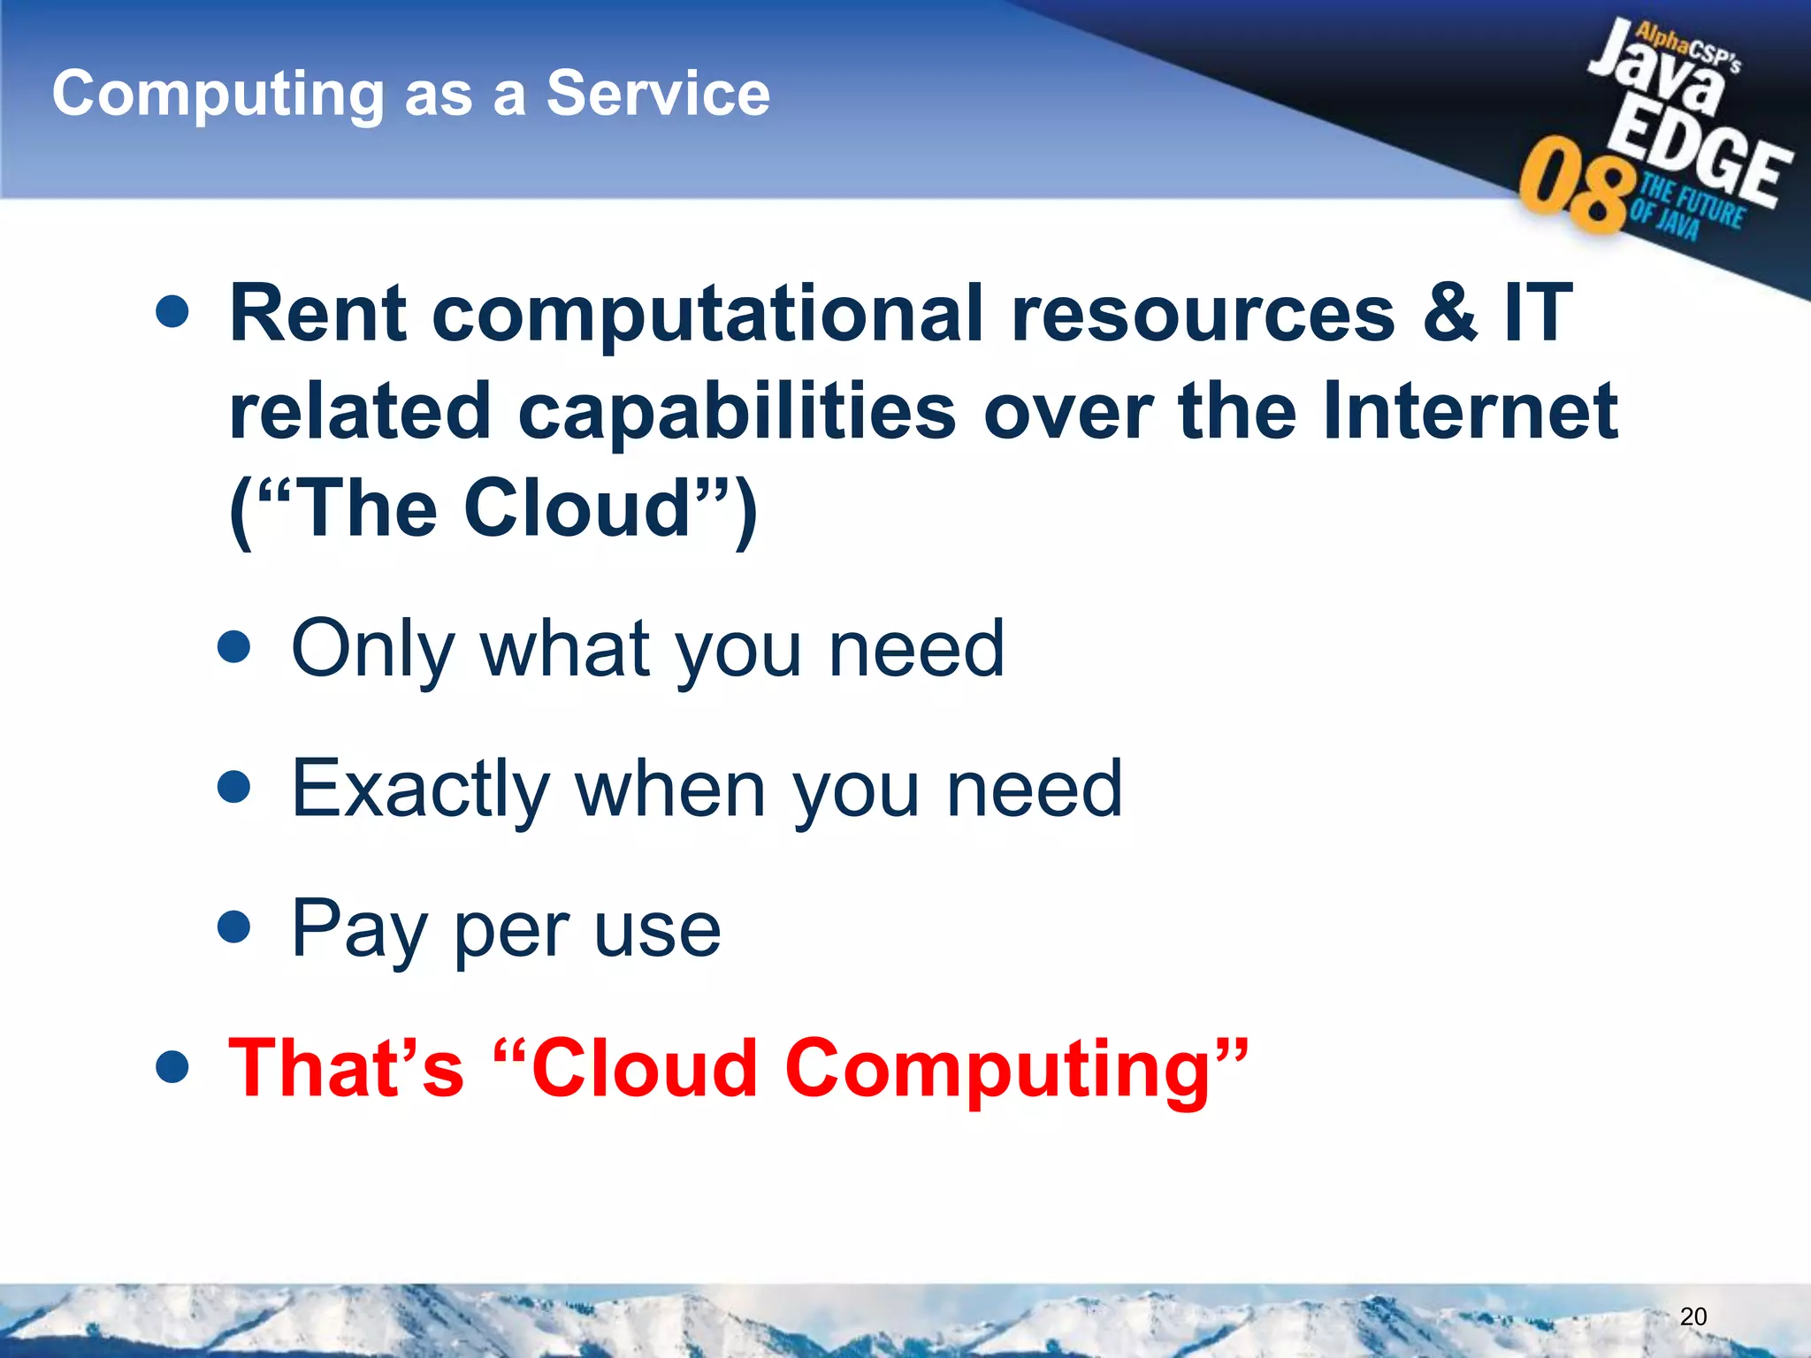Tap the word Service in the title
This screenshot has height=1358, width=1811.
click(x=658, y=93)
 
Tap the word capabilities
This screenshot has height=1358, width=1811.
click(x=737, y=412)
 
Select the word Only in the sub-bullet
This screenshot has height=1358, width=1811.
click(x=371, y=650)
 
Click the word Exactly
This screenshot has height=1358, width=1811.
click(x=421, y=790)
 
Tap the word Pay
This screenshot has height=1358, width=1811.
click(x=358, y=930)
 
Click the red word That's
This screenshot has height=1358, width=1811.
click(x=346, y=1069)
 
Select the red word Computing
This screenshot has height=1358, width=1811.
click(x=999, y=1071)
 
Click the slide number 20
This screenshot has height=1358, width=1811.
click(x=1693, y=1316)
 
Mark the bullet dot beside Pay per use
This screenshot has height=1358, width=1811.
click(x=234, y=927)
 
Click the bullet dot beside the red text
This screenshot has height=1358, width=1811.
click(x=172, y=1067)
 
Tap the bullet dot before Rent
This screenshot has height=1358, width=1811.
click(x=172, y=311)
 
